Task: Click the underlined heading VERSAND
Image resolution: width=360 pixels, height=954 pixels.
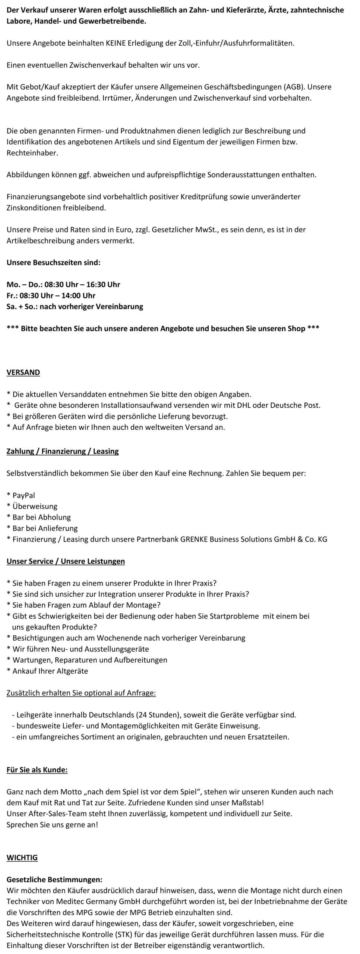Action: pyautogui.click(x=23, y=372)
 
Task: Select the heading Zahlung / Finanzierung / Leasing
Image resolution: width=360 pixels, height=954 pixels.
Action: pyautogui.click(x=63, y=451)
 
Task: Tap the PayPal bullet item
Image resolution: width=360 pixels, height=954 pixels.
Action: pyautogui.click(x=23, y=495)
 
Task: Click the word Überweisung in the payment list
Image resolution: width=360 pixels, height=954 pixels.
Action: pyautogui.click(x=35, y=506)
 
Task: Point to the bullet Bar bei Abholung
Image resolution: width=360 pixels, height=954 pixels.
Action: pyautogui.click(x=41, y=517)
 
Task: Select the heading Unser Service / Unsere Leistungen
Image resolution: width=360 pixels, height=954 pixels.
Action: pyautogui.click(x=66, y=561)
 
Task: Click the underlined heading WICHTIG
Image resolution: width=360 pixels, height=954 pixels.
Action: pyautogui.click(x=22, y=857)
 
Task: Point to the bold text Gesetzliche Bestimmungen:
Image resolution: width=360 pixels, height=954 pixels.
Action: pyautogui.click(x=54, y=879)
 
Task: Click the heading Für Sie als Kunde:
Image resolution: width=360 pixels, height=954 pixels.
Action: pyautogui.click(x=37, y=770)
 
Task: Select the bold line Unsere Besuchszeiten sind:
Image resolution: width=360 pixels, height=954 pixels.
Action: pyautogui.click(x=53, y=262)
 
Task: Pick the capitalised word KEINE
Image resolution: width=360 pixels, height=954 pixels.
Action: pyautogui.click(x=118, y=43)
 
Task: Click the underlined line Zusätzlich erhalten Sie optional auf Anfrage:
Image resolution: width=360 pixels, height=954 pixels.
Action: pyautogui.click(x=81, y=693)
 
